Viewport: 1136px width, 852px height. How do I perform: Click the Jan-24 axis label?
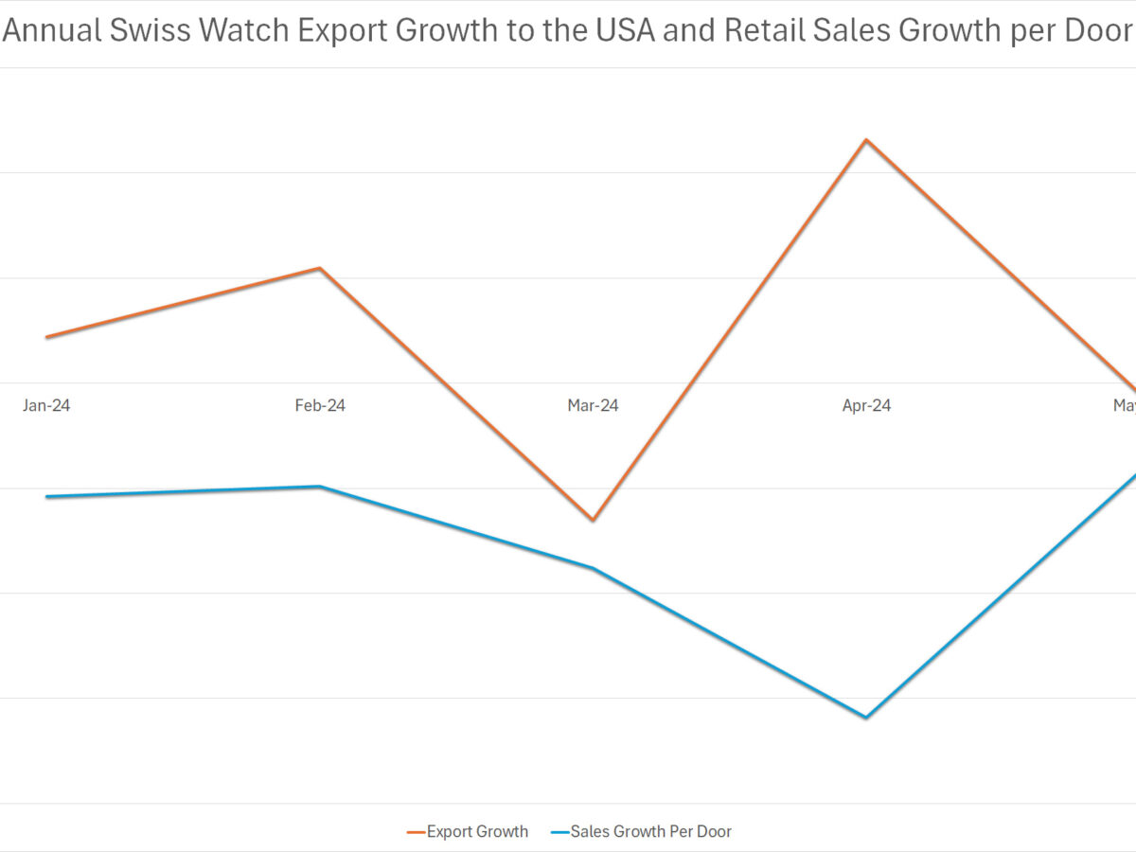coord(46,405)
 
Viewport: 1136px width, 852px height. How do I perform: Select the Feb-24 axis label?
coord(320,405)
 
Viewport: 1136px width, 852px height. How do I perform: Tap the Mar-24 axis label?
coord(593,405)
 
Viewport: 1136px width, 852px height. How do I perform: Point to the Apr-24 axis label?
coord(866,405)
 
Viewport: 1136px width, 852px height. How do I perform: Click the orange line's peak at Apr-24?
coord(865,140)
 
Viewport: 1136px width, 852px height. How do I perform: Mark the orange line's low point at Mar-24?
coord(593,520)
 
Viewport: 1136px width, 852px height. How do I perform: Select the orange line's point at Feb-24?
coord(320,269)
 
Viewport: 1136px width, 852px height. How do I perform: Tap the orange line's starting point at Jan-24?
coord(47,337)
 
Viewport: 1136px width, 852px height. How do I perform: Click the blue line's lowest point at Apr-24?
coord(865,717)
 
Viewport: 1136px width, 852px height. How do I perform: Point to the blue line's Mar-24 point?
coord(593,568)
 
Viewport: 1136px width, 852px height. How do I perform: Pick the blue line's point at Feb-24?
coord(320,487)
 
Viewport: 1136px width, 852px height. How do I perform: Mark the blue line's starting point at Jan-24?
coord(47,497)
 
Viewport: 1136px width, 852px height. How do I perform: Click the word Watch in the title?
coord(245,31)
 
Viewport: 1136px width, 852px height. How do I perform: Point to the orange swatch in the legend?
coord(416,832)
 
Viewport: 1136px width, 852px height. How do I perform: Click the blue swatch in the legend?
coord(559,832)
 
